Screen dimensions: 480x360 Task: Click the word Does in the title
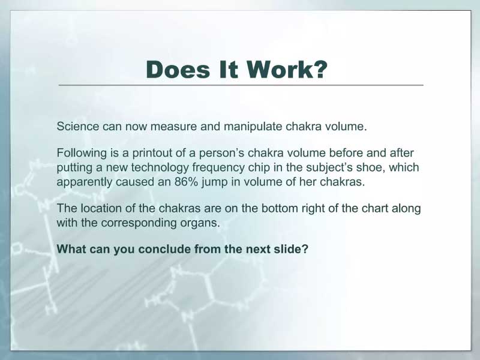(x=178, y=70)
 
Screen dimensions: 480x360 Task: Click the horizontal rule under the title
(x=241, y=85)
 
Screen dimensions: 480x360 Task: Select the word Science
(x=78, y=126)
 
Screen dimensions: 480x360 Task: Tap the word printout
(x=152, y=154)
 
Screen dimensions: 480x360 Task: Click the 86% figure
(x=185, y=182)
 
